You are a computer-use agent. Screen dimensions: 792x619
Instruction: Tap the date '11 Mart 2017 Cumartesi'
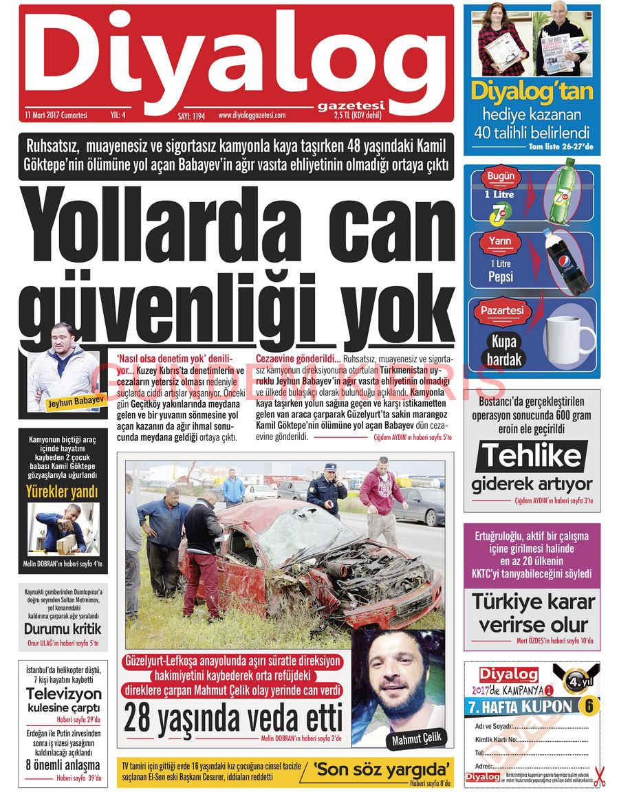(56, 115)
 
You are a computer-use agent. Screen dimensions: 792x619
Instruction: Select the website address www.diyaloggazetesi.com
(252, 115)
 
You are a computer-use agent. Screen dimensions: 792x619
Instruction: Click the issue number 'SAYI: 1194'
(192, 116)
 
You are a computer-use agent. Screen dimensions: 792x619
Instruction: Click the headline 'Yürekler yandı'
(62, 492)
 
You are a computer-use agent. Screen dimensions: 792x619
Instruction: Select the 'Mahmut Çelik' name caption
(419, 740)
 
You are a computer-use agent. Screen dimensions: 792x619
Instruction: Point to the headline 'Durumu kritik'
(63, 628)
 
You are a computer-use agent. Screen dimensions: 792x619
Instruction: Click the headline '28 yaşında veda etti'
(232, 719)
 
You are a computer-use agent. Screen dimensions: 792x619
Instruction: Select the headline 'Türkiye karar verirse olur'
(533, 613)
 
